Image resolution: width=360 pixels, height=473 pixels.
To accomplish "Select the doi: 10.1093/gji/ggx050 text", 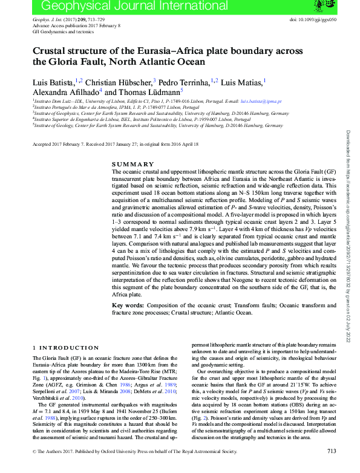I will tap(313, 19).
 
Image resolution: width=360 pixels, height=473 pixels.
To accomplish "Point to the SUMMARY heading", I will tap(133, 165).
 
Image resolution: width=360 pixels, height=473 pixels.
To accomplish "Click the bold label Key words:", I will tap(128, 306).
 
